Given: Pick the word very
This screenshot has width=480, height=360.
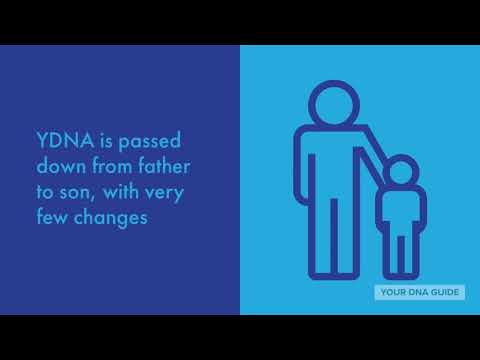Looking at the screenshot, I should [x=167, y=191].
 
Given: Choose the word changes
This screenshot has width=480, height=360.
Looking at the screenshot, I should [x=117, y=217].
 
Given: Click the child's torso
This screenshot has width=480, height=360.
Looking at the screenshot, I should [x=400, y=210].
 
